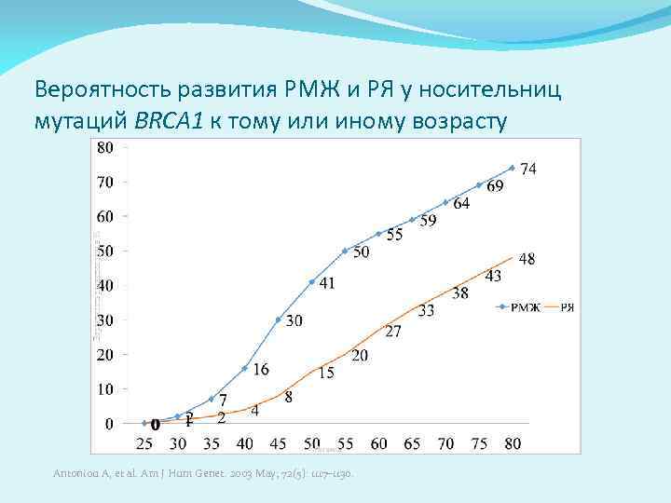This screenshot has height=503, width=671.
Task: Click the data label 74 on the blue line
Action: pyautogui.click(x=527, y=169)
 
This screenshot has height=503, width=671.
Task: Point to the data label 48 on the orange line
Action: pyautogui.click(x=527, y=259)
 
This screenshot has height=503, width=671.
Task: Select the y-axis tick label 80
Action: pyautogui.click(x=105, y=147)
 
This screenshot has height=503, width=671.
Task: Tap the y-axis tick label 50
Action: pyautogui.click(x=105, y=251)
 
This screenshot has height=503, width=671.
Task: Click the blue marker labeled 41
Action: pyautogui.click(x=312, y=281)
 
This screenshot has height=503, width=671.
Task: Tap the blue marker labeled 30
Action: pyautogui.click(x=279, y=319)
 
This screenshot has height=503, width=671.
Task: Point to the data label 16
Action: pyautogui.click(x=261, y=370)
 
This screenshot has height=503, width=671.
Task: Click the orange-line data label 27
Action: pyautogui.click(x=393, y=331)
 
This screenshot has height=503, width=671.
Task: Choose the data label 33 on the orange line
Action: pyautogui.click(x=426, y=310)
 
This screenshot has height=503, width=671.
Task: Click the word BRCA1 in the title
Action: pyautogui.click(x=167, y=123)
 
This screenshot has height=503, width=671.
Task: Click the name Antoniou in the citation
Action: pyautogui.click(x=74, y=476)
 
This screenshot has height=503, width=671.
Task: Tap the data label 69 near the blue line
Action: pyautogui.click(x=495, y=186)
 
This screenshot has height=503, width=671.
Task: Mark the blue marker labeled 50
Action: pyautogui.click(x=346, y=251)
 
